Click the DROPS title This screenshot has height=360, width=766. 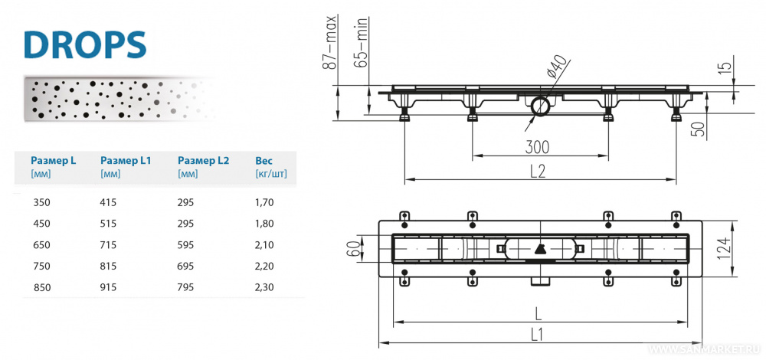[x=84, y=44]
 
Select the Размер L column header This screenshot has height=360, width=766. [x=53, y=161]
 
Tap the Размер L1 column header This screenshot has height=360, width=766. [x=126, y=161]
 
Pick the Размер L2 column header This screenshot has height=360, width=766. [x=203, y=161]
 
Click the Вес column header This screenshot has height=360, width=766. [x=264, y=161]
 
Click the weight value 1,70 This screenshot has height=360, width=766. [x=264, y=202]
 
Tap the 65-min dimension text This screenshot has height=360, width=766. [x=361, y=42]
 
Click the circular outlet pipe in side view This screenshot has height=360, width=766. [x=540, y=105]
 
